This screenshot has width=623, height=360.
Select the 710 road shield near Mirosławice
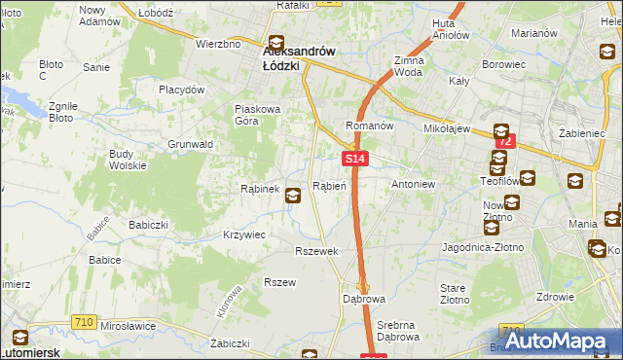[83, 321]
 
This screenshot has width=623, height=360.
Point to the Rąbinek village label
[260, 189]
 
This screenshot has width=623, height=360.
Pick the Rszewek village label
[316, 251]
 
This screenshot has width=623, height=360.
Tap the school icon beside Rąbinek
[292, 197]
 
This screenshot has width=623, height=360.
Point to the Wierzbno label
[218, 44]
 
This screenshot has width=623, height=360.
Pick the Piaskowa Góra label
[257, 115]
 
